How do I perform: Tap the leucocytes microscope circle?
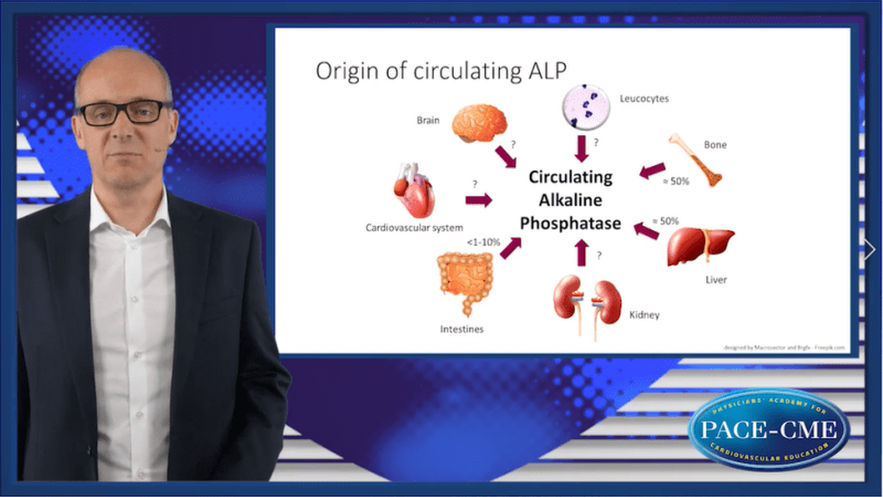[x=581, y=107]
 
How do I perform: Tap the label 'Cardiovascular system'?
[x=414, y=228]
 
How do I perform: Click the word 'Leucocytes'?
[x=643, y=99]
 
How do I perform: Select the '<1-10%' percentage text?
[x=483, y=242]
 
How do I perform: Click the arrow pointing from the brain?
[x=505, y=157]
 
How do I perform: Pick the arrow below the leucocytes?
[x=581, y=148]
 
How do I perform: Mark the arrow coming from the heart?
[x=478, y=200]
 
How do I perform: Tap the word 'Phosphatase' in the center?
[x=570, y=224]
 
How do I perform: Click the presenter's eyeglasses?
[x=123, y=113]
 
